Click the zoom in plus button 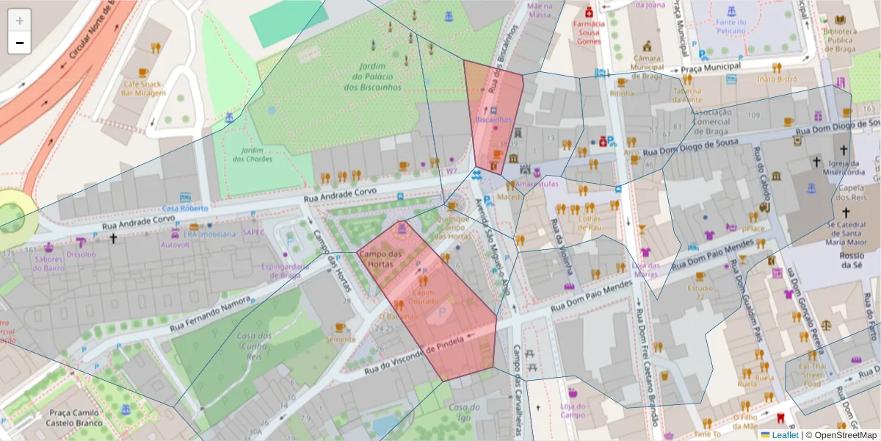click(20, 21)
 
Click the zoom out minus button click(20, 43)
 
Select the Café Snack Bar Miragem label click(142, 88)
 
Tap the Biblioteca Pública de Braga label click(840, 41)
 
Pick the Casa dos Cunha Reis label click(254, 345)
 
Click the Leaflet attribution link click(784, 435)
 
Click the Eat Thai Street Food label click(813, 374)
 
